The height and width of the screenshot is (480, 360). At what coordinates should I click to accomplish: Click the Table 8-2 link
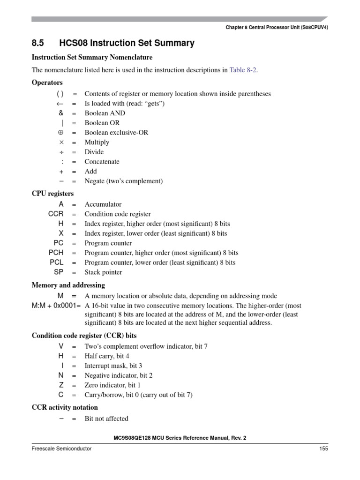(243, 70)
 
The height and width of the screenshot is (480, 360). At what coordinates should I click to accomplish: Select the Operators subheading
(47, 82)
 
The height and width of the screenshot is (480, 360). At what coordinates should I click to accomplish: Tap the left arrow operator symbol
(60, 104)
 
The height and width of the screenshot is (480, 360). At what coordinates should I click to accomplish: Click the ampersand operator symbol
(61, 113)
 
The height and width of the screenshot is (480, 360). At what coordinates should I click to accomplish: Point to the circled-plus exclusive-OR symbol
(60, 133)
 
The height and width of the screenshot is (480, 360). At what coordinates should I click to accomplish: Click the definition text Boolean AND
(105, 113)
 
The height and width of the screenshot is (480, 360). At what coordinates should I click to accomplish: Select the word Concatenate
(102, 162)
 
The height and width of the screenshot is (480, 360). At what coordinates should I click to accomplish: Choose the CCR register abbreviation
(55, 214)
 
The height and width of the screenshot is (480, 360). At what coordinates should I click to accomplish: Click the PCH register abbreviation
(56, 253)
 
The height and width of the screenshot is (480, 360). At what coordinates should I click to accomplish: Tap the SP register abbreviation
(59, 272)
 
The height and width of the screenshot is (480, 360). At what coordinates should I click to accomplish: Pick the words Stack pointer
(103, 272)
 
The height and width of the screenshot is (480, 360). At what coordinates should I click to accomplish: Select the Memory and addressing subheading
(68, 285)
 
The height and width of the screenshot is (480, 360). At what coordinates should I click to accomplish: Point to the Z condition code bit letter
(61, 385)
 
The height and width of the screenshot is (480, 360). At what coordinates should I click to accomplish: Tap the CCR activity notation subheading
(65, 407)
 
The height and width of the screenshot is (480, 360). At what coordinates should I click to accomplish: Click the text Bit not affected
(106, 419)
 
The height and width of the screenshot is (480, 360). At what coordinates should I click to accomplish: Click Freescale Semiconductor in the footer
(61, 449)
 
